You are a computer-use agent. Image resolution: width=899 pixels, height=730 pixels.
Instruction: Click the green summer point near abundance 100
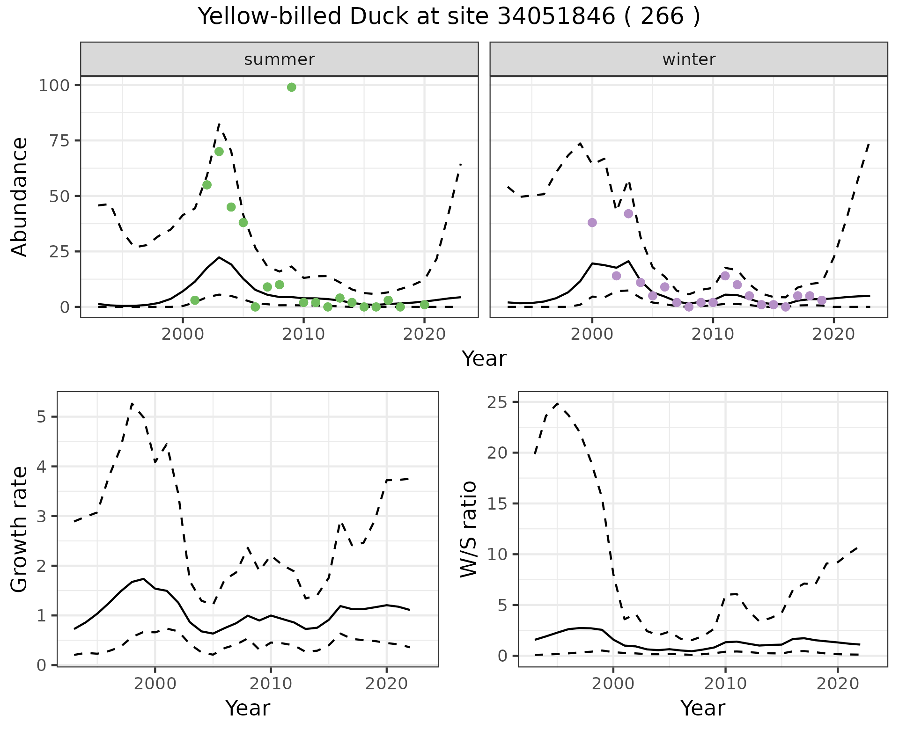click(x=291, y=88)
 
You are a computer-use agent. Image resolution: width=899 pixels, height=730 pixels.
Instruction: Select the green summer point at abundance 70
click(x=219, y=152)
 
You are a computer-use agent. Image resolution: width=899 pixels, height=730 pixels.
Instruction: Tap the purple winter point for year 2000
click(x=592, y=222)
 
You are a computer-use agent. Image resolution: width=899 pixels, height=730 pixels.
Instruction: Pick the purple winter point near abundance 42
click(x=628, y=214)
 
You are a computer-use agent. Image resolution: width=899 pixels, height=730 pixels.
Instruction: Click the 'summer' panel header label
click(x=280, y=59)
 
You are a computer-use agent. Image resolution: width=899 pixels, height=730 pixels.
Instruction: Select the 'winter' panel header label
click(x=689, y=59)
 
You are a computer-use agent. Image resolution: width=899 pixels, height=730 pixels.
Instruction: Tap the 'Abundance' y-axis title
click(x=20, y=197)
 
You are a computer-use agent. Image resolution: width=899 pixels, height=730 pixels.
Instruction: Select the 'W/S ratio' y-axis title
click(x=468, y=529)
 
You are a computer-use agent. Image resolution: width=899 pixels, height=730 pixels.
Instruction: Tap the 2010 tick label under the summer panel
click(x=303, y=334)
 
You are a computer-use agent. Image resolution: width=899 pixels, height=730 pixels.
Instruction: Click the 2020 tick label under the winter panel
click(x=833, y=334)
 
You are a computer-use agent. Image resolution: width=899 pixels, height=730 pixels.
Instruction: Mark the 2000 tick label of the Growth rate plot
click(x=155, y=684)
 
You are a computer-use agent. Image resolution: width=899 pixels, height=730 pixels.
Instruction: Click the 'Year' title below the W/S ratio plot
click(x=702, y=708)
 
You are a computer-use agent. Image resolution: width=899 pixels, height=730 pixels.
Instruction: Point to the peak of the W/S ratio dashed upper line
click(x=557, y=403)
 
